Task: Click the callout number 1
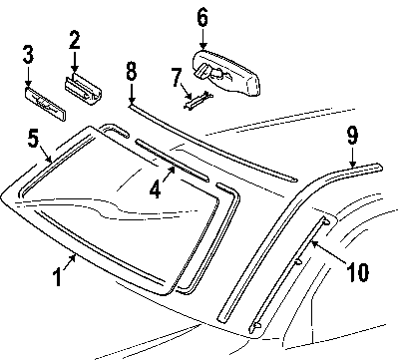[58, 278]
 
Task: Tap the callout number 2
[75, 40]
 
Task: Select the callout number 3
[28, 55]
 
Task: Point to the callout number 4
[156, 189]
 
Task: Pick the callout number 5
[34, 139]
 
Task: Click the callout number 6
[202, 18]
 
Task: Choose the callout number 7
[177, 77]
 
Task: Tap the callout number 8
[132, 71]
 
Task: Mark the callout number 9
[352, 136]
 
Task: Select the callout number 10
[357, 272]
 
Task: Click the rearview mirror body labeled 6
[226, 73]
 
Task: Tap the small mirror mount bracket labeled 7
[199, 99]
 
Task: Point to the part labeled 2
[83, 89]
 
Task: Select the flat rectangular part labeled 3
[46, 104]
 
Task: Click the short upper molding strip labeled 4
[173, 161]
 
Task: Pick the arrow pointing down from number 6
[202, 39]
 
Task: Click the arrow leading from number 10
[329, 252]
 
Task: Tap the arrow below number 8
[132, 92]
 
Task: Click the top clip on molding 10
[325, 220]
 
